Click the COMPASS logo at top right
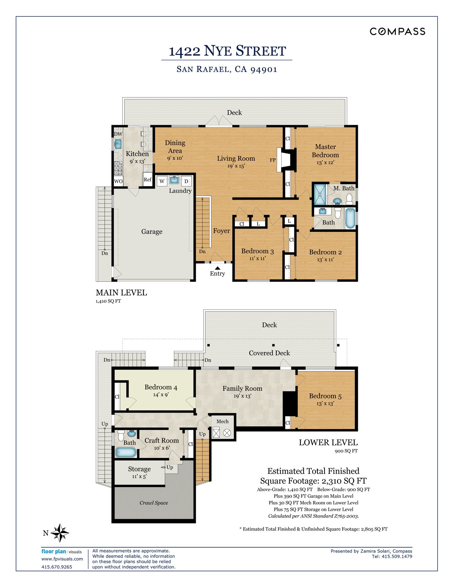click(397, 32)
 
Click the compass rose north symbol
click(60, 533)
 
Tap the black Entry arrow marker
click(217, 268)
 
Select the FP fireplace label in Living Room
click(272, 160)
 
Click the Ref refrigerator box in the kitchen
click(148, 180)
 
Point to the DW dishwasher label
click(118, 134)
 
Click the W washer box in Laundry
click(162, 181)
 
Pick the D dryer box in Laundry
click(186, 181)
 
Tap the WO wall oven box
click(118, 181)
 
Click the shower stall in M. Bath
click(321, 194)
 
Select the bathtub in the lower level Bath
click(126, 452)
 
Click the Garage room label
click(152, 232)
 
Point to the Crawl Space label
click(154, 503)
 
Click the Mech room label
click(222, 421)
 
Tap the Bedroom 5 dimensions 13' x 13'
click(325, 404)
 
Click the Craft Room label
click(161, 441)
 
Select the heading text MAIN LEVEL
click(121, 293)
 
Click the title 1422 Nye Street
click(227, 51)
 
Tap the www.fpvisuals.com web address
click(62, 559)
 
